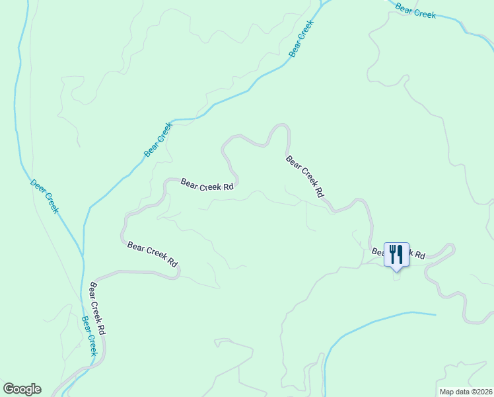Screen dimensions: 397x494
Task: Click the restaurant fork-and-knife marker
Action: coord(396,254)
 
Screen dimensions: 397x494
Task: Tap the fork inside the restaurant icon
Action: coord(392,253)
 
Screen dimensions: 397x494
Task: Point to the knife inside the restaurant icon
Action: coord(400,253)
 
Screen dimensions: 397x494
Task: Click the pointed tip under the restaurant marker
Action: coord(396,270)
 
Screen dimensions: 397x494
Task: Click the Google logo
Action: coord(22,389)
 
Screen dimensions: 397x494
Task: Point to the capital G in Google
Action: coord(9,388)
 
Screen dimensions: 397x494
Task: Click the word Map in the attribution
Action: coord(447,391)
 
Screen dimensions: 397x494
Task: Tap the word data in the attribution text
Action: coord(462,391)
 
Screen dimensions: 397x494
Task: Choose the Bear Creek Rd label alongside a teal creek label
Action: coord(97,308)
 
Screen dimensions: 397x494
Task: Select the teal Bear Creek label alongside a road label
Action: coord(88,335)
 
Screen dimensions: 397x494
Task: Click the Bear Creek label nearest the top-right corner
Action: coord(416,11)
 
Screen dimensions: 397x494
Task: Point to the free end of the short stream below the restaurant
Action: coord(435,314)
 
